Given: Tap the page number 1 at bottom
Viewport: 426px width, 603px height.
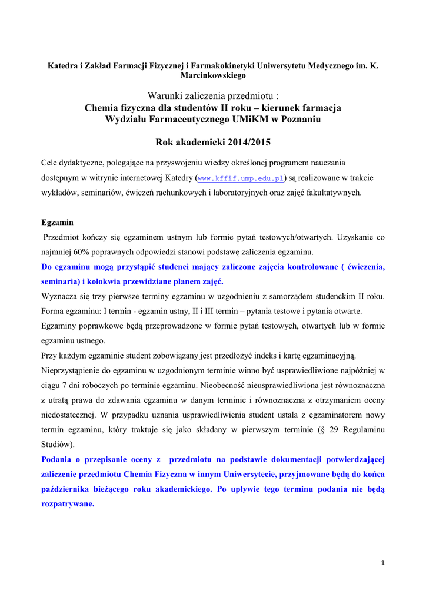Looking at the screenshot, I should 382,563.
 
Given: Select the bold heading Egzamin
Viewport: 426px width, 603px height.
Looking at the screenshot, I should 57,223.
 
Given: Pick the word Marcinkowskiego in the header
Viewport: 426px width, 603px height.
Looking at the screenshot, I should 212,75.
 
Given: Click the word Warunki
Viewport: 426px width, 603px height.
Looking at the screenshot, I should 167,96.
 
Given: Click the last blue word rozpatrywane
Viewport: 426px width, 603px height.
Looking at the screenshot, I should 68,504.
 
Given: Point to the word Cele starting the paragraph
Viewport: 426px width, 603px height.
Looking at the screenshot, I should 51,163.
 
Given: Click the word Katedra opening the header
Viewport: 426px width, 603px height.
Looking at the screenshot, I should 63,65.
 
